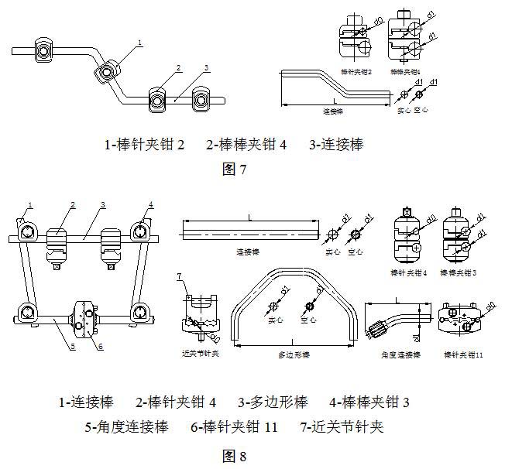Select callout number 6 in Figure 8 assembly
tap(100, 346)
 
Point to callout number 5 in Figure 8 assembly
tap(72, 346)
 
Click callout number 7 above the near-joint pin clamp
tap(179, 276)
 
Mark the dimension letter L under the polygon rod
tap(293, 341)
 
